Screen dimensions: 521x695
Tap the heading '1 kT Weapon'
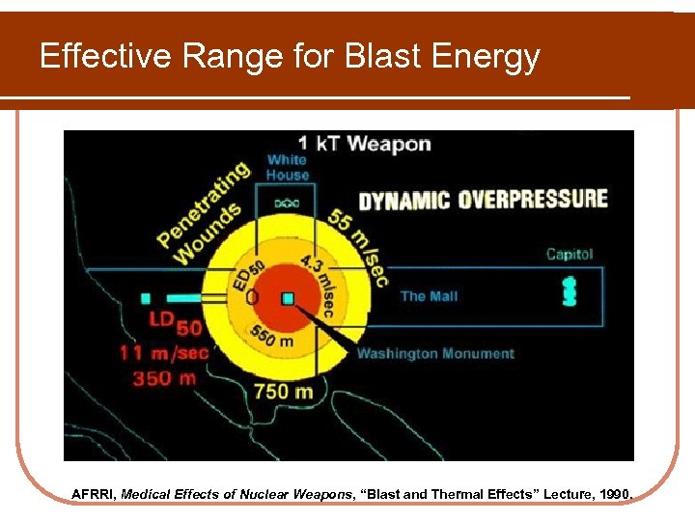coord(349,144)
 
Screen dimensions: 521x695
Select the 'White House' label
coord(288,167)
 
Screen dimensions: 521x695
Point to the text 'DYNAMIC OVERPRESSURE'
coord(484,200)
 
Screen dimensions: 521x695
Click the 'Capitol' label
coord(570,255)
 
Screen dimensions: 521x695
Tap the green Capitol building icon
coord(568,291)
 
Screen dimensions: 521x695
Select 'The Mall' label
coord(430,296)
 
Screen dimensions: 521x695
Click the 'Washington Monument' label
coord(435,354)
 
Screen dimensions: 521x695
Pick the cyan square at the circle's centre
coord(288,299)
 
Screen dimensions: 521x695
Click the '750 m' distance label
coord(283,391)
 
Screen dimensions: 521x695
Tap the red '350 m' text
coord(164,377)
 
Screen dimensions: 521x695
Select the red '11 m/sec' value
coord(164,352)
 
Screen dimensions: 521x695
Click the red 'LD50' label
coord(175,323)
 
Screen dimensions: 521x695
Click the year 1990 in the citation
coord(614,494)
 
